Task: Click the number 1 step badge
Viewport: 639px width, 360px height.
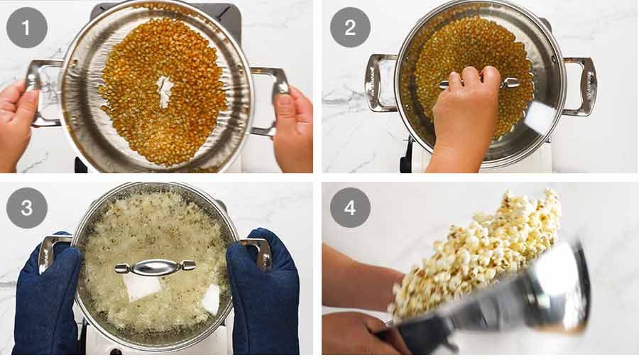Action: click(x=27, y=27)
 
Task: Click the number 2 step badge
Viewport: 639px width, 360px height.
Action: click(x=350, y=27)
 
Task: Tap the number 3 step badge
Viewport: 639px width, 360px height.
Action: click(x=27, y=207)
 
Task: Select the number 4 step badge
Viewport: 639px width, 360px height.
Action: click(x=350, y=207)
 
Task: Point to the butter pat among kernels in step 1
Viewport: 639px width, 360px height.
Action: click(x=165, y=91)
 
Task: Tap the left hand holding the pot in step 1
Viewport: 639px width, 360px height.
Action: click(x=16, y=117)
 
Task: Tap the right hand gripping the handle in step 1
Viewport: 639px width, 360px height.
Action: click(x=293, y=128)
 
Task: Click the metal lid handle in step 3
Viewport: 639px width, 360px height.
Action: click(x=155, y=267)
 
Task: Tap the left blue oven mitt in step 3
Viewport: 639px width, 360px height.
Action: click(x=47, y=305)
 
